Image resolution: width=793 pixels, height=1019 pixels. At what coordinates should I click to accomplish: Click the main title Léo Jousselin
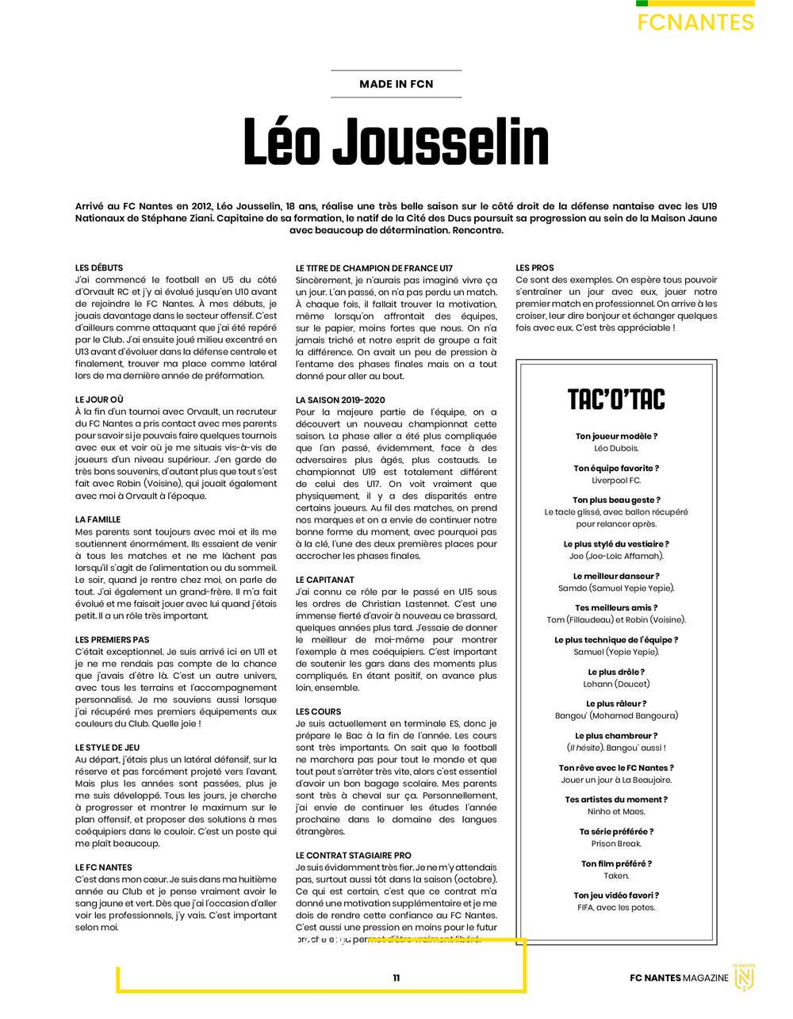tap(396, 144)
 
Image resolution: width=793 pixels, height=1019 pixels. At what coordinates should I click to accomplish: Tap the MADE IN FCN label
tap(396, 83)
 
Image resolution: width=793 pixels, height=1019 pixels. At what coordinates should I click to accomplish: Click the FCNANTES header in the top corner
tap(695, 22)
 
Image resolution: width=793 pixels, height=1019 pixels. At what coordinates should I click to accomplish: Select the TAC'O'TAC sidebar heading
tap(616, 399)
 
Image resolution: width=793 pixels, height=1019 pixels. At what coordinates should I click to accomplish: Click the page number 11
tap(396, 978)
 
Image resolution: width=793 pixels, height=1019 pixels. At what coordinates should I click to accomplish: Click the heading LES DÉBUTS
tap(99, 268)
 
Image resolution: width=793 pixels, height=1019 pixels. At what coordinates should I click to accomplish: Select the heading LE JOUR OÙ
tap(99, 400)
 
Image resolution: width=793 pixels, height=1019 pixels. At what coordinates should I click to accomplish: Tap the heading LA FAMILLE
tap(98, 519)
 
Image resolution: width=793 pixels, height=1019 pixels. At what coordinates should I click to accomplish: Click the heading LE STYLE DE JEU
tap(107, 747)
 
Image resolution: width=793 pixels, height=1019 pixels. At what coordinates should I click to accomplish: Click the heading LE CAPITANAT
tap(325, 580)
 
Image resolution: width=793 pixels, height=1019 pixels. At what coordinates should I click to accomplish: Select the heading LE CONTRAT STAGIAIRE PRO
tap(354, 856)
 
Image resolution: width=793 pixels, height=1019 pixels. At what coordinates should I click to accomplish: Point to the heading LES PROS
tap(534, 268)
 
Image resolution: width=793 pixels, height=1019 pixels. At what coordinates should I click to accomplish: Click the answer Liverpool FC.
tap(616, 481)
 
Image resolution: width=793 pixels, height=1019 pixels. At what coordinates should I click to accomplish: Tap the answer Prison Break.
tap(616, 844)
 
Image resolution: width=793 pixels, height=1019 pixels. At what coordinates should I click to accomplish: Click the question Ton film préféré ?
tap(616, 864)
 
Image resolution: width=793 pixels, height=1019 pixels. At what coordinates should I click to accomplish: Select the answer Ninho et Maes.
tap(616, 811)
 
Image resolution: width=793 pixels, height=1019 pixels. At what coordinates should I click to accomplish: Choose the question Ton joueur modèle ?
tap(616, 436)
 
